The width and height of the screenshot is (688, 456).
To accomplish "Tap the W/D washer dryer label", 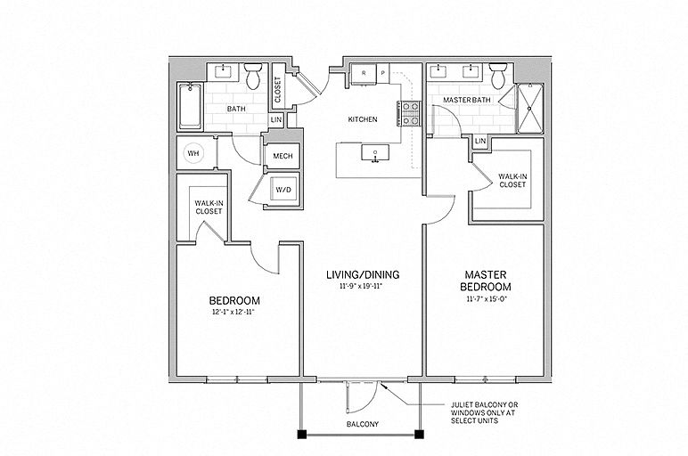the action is (283, 189).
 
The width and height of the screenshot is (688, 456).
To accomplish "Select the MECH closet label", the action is (283, 156).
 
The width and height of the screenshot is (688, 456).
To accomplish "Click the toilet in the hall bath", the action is (253, 78).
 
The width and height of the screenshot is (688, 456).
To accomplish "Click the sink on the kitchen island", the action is (375, 154).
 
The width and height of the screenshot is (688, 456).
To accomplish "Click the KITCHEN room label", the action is (363, 118).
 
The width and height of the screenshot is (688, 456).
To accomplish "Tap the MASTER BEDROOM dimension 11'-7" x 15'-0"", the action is (485, 301).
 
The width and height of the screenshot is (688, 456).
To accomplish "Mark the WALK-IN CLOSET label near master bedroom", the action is (512, 181).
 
